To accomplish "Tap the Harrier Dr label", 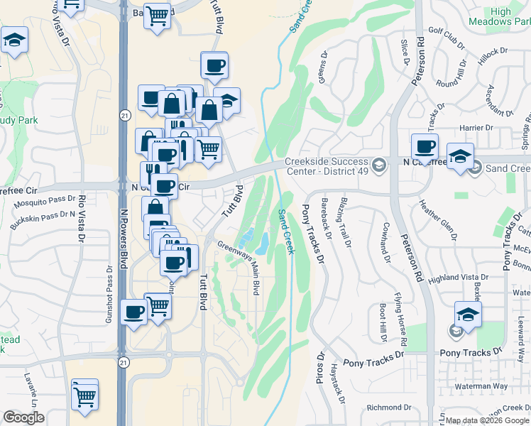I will [476, 128].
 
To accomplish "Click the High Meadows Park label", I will [510, 16].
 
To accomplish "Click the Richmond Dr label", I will [385, 408].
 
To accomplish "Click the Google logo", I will [24, 417].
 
